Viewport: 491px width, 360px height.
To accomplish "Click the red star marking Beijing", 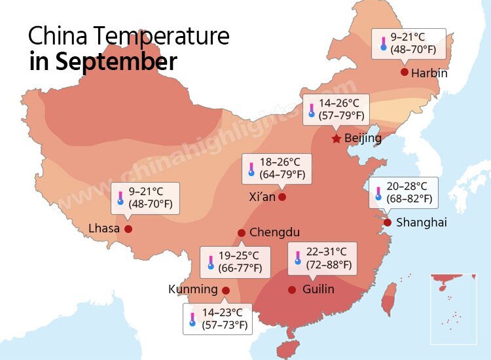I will [336, 139].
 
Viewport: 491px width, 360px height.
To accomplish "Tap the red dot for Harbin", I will [405, 72].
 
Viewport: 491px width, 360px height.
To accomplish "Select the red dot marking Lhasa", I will [128, 229].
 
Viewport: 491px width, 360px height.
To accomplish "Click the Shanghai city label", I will [422, 223].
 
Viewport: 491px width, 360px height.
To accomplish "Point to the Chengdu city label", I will [274, 232].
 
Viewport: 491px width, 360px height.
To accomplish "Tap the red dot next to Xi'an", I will [282, 196].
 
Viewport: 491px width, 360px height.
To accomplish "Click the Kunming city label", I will [192, 289].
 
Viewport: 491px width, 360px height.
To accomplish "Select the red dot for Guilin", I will [293, 289].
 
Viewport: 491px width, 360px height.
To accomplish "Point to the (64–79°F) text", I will [282, 175].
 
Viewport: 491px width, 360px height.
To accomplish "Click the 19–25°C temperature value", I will [239, 256].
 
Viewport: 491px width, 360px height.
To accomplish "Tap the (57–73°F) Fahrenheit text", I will [224, 325].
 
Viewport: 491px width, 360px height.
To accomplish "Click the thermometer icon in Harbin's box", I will [384, 44].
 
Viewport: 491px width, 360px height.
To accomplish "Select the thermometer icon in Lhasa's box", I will [120, 198].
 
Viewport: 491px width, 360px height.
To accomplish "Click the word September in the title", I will [116, 62].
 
